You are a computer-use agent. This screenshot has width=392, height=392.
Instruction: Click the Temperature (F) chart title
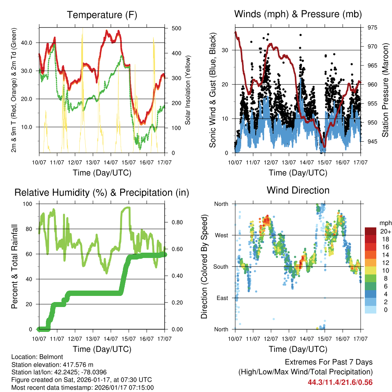pyautogui.click(x=102, y=15)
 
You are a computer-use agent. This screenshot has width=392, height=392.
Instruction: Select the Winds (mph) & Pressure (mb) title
pyautogui.click(x=298, y=15)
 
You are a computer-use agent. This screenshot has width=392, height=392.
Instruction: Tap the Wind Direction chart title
pyautogui.click(x=298, y=190)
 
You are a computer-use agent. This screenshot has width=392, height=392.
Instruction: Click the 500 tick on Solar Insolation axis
pyautogui.click(x=176, y=28)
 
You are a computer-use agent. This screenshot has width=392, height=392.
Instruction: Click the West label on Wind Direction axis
pyautogui.click(x=221, y=235)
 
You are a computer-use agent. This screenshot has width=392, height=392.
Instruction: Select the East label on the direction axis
pyautogui.click(x=222, y=298)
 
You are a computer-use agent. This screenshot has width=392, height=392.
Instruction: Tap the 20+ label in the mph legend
pyautogui.click(x=385, y=231)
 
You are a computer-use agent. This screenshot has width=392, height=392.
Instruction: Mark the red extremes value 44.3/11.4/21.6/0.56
pyautogui.click(x=340, y=382)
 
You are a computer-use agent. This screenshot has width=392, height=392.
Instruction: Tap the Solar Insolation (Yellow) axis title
pyautogui.click(x=188, y=90)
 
